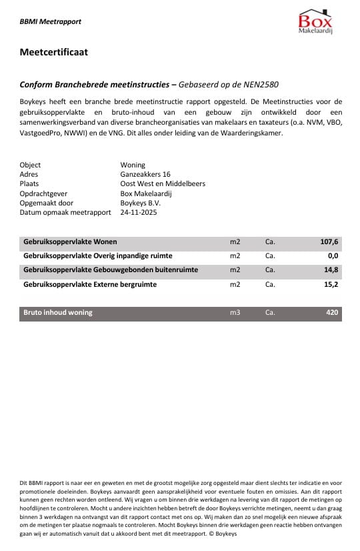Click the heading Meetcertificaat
coord(54,51)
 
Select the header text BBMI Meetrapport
coord(51,21)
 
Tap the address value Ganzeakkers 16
coord(145,174)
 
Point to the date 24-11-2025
coord(139,212)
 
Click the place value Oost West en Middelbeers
coord(163,183)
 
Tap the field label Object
coord(31,165)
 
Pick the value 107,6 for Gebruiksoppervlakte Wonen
coord(329,242)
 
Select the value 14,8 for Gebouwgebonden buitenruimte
coord(331,270)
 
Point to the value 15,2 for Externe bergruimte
coord(331,284)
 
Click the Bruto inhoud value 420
coord(332,312)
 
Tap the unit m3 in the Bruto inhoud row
coord(235,312)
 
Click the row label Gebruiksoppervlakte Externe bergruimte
coord(90,284)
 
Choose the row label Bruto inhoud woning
coord(58,312)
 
